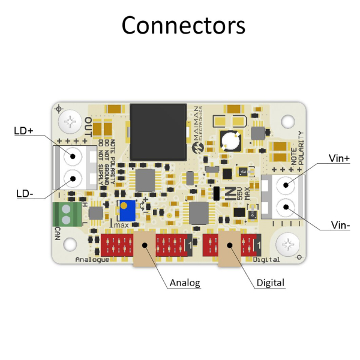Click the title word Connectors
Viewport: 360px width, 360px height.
coord(183,26)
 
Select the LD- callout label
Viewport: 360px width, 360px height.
coord(23,193)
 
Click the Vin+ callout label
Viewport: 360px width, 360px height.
coord(339,158)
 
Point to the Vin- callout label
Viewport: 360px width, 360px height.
coord(340,226)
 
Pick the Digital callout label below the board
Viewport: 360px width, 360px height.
coord(270,283)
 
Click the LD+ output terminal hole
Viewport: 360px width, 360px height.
coord(73,157)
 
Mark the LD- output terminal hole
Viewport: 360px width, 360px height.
coord(73,178)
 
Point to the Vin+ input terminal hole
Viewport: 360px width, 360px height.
coord(286,186)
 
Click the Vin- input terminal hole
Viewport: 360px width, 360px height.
coord(286,208)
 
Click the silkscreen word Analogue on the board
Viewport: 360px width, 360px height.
coord(92,260)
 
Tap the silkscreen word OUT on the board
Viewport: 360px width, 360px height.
coord(88,128)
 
